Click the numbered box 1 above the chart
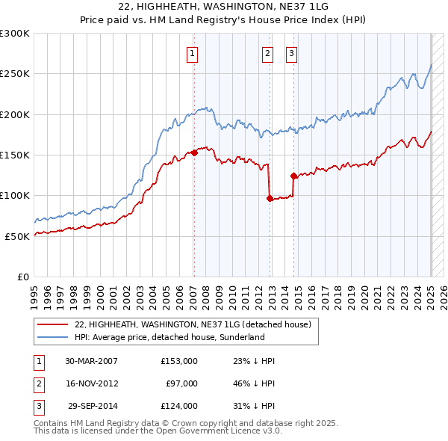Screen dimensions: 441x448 tap(193, 53)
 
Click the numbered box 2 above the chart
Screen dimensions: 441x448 tap(267, 53)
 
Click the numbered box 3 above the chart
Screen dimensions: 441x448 tap(290, 53)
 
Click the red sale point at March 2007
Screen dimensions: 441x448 tap(194, 152)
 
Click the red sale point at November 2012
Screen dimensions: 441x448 tap(269, 198)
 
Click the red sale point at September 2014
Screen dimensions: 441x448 tap(293, 176)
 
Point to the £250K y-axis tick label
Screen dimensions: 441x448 tap(15, 74)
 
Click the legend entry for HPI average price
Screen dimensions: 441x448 tap(169, 337)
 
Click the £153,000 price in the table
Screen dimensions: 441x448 tap(179, 361)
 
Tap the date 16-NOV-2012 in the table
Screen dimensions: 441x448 tap(92, 383)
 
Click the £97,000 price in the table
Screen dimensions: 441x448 tap(182, 383)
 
